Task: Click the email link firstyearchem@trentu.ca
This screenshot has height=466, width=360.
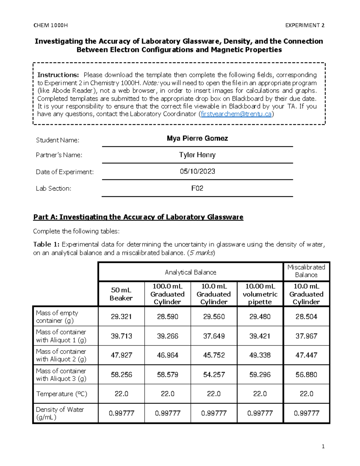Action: click(x=236, y=114)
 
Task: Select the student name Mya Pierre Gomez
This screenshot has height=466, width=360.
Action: click(x=197, y=138)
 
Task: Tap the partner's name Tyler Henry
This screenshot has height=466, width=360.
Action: click(x=197, y=155)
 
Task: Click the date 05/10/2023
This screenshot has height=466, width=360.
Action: click(x=197, y=171)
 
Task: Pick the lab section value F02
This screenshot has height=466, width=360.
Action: click(x=197, y=188)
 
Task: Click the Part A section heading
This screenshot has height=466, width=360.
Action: click(x=138, y=217)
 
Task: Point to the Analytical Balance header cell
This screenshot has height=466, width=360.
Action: click(x=190, y=272)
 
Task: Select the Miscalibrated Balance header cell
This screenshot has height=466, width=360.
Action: click(x=306, y=271)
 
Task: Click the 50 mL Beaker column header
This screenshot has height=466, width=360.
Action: click(x=121, y=294)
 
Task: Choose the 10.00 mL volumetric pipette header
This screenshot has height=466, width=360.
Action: click(x=260, y=294)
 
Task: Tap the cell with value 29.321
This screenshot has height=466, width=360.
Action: click(x=121, y=317)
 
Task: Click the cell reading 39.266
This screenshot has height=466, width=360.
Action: click(x=167, y=336)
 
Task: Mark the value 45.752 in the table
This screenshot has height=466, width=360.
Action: click(x=214, y=355)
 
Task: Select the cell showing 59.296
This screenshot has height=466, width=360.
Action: click(x=260, y=374)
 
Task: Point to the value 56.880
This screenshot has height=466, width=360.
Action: click(x=306, y=374)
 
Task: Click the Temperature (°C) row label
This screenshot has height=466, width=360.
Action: click(x=61, y=394)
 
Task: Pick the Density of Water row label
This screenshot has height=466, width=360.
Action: click(x=60, y=413)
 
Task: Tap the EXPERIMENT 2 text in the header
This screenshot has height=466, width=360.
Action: click(x=304, y=26)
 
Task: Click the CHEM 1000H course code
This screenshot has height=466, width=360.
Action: click(x=50, y=26)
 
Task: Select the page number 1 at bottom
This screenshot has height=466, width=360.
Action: click(x=323, y=446)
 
